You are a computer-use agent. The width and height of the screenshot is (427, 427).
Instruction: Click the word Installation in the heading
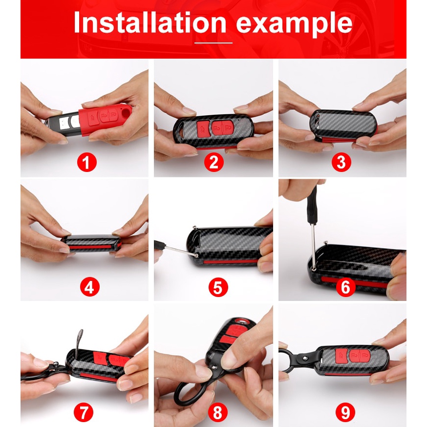click(x=150, y=22)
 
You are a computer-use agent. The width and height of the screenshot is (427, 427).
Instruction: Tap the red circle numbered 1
click(x=87, y=162)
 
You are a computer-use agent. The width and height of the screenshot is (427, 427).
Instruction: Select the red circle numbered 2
click(x=214, y=162)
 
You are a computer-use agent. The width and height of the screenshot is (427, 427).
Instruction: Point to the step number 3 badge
click(x=342, y=162)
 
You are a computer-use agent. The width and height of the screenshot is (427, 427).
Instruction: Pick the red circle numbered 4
click(x=90, y=287)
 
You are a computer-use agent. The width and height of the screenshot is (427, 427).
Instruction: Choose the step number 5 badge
click(x=218, y=287)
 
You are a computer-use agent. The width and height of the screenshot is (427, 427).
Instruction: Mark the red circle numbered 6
click(x=345, y=287)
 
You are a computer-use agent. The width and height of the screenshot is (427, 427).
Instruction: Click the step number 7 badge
click(x=84, y=412)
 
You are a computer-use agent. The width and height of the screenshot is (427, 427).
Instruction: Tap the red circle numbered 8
click(x=217, y=412)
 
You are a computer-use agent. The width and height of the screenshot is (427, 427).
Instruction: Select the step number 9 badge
click(x=345, y=412)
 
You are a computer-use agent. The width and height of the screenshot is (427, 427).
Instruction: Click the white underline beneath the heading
click(x=213, y=43)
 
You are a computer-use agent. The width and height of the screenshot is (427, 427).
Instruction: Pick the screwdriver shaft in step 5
click(x=181, y=251)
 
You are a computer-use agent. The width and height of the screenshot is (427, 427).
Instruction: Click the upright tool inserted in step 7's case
click(x=79, y=344)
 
